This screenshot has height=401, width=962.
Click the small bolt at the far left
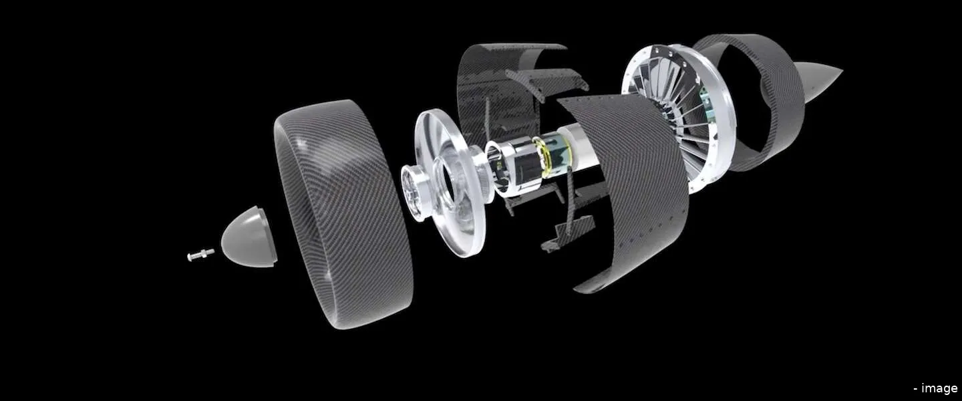(x=200, y=254)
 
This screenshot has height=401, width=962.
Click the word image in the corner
(x=938, y=388)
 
